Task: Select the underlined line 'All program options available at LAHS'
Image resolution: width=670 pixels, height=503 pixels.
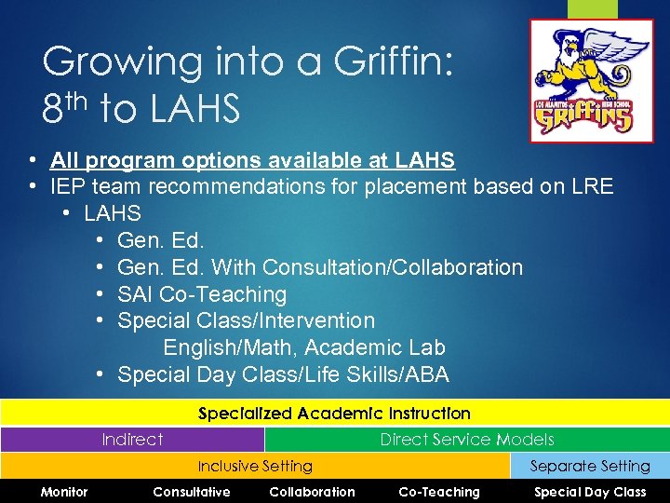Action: (x=252, y=160)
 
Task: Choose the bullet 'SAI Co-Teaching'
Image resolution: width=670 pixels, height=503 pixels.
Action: (x=202, y=294)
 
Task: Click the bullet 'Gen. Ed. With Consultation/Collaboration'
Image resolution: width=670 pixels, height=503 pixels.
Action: (x=320, y=267)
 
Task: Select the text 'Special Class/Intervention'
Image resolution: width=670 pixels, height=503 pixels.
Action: (x=247, y=320)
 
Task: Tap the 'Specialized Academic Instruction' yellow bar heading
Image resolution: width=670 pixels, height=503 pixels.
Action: (x=335, y=413)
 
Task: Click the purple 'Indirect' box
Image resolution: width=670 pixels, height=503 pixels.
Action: (x=132, y=440)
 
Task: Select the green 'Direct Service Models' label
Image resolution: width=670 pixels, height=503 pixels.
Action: (x=466, y=440)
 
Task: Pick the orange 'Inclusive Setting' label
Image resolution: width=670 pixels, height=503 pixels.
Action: (x=255, y=466)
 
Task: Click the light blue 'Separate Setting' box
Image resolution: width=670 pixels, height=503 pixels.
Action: (x=590, y=466)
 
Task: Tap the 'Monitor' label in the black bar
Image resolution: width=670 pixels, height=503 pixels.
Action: (x=64, y=492)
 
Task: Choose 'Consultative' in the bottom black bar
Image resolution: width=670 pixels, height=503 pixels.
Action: (x=192, y=492)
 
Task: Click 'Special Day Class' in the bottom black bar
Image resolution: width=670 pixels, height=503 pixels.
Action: (x=590, y=492)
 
